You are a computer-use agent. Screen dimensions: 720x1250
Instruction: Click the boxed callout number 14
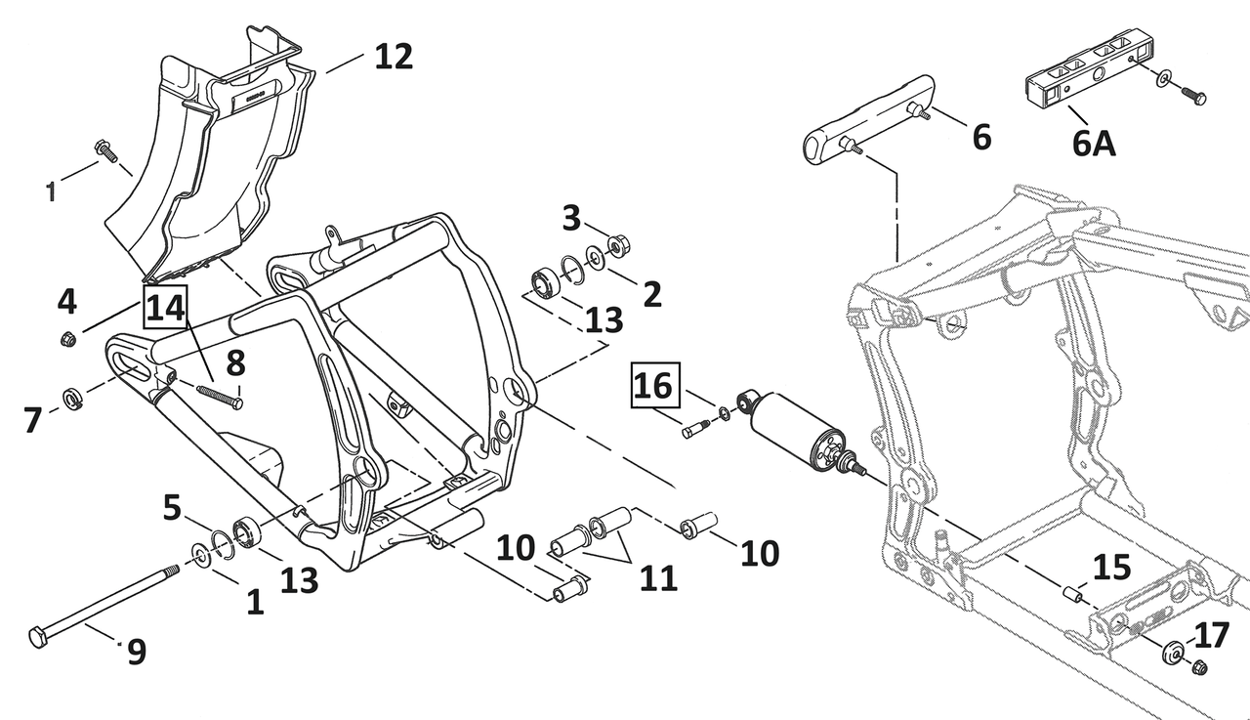click(165, 310)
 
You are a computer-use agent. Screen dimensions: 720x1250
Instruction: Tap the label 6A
click(1093, 143)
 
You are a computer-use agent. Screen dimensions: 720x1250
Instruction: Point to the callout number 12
click(394, 56)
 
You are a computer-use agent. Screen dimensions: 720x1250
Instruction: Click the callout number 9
click(137, 651)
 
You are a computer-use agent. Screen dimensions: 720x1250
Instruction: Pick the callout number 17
click(1212, 637)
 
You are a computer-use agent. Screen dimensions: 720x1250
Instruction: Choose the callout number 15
click(1111, 568)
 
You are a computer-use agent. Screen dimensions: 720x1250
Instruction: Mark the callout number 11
click(657, 578)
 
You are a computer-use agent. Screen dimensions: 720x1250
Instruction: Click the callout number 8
click(235, 364)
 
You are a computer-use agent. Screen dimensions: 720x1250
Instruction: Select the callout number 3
click(572, 218)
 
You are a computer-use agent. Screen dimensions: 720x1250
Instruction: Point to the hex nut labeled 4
click(68, 340)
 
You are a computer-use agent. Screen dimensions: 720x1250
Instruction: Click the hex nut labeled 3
click(619, 243)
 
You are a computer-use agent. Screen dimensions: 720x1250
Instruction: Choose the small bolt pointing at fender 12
click(103, 150)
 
